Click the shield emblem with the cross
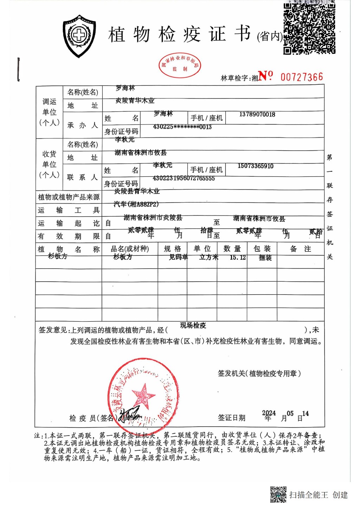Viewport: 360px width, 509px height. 79,36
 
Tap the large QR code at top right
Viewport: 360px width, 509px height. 309,28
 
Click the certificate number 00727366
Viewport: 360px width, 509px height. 302,77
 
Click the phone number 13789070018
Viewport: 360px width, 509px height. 257,115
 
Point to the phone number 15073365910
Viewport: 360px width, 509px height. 256,166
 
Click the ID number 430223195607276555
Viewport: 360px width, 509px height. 184,178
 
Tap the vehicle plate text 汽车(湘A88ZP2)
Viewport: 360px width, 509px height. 136,204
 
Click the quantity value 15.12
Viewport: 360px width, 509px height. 238,257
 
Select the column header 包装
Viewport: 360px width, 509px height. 262,249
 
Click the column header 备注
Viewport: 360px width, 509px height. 301,249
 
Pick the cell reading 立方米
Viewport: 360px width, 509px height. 209,257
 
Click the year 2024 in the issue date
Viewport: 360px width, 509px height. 269,413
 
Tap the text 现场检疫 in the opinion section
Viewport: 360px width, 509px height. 193,326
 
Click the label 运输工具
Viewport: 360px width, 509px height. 69,210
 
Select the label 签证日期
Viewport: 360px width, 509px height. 231,418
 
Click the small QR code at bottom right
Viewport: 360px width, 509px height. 278,494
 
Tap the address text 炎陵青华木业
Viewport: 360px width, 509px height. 135,101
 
